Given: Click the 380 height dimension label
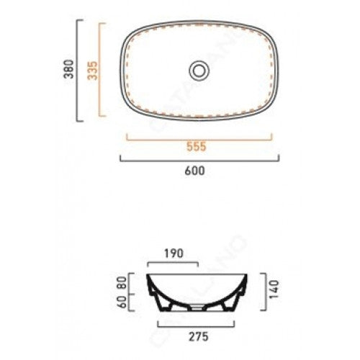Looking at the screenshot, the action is (x=69, y=69).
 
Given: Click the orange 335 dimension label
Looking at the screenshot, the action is (x=92, y=71).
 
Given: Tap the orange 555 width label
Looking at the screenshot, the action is (x=197, y=147).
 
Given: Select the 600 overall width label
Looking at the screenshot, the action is (x=195, y=171).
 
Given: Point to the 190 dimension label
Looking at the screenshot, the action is (x=174, y=253).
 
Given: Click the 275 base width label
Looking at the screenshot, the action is (x=199, y=337).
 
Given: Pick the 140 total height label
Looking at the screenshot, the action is (x=274, y=289).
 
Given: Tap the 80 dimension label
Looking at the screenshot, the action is (x=122, y=283).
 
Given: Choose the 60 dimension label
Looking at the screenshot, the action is (x=122, y=302).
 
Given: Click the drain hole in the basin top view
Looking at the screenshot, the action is (x=199, y=71).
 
